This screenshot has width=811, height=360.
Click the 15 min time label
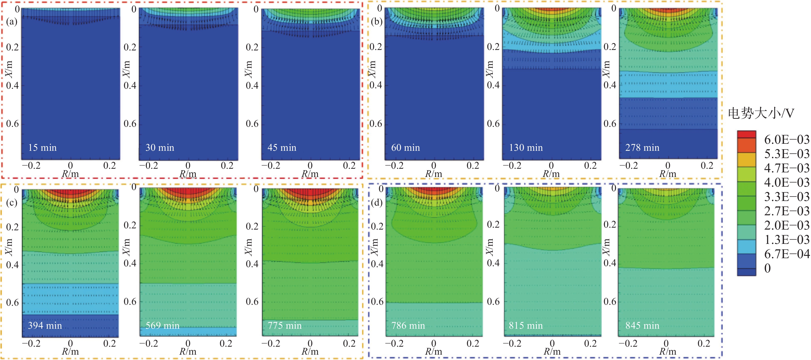pyautogui.click(x=42, y=148)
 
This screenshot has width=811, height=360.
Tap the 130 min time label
pyautogui.click(x=526, y=148)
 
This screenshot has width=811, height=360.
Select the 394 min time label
pyautogui.click(x=45, y=325)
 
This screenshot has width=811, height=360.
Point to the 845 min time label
pyautogui.click(x=642, y=325)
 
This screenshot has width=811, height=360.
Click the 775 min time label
pyautogui.click(x=285, y=325)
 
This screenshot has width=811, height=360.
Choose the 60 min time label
pyautogui.click(x=405, y=148)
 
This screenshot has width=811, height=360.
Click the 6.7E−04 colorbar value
pyautogui.click(x=787, y=254)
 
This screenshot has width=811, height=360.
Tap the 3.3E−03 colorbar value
pyautogui.click(x=787, y=197)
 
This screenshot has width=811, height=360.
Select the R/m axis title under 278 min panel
pyautogui.click(x=668, y=174)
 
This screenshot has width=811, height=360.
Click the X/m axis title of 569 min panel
pyautogui.click(x=126, y=247)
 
